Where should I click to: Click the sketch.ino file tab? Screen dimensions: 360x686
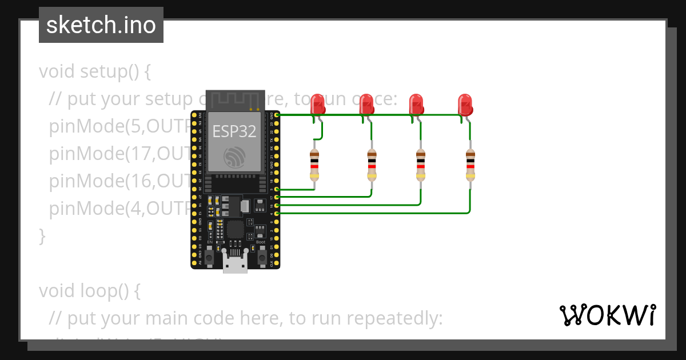pyautogui.click(x=101, y=25)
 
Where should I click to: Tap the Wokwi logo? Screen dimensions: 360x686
pyautogui.click(x=607, y=315)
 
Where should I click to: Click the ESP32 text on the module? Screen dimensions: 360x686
pyautogui.click(x=234, y=131)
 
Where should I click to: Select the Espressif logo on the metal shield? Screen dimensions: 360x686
pyautogui.click(x=234, y=156)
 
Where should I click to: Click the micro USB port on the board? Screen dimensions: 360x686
pyautogui.click(x=235, y=265)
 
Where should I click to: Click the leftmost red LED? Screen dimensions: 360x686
pyautogui.click(x=317, y=105)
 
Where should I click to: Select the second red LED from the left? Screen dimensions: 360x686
pyautogui.click(x=367, y=105)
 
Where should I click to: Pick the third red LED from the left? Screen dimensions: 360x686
pyautogui.click(x=417, y=105)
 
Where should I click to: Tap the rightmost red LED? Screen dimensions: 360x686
pyautogui.click(x=466, y=105)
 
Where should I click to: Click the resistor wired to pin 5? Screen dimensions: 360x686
pyautogui.click(x=314, y=164)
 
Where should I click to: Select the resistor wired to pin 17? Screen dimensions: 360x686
pyautogui.click(x=372, y=164)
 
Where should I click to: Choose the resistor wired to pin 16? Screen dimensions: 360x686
pyautogui.click(x=421, y=164)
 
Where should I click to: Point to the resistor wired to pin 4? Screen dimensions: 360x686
pyautogui.click(x=470, y=164)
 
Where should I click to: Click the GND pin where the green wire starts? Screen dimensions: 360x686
pyautogui.click(x=277, y=115)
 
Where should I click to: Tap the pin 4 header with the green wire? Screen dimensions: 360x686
pyautogui.click(x=277, y=213)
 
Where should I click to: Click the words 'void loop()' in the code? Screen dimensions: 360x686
pyautogui.click(x=89, y=291)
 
